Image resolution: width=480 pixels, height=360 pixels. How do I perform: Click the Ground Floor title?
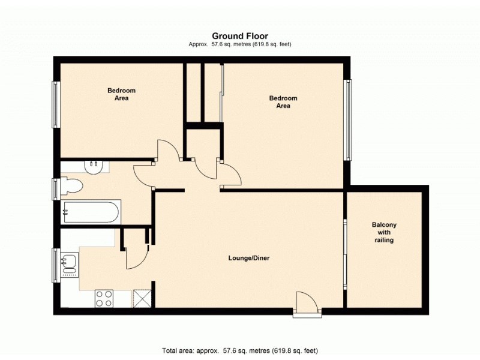pyautogui.click(x=239, y=36)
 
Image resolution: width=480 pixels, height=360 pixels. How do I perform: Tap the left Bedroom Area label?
pyautogui.click(x=118, y=94)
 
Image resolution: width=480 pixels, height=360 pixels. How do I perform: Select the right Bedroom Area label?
pyautogui.click(x=283, y=101)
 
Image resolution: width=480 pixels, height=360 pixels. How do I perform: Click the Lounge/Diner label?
pyautogui.click(x=248, y=259)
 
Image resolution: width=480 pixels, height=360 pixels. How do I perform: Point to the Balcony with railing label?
pyautogui.click(x=384, y=232)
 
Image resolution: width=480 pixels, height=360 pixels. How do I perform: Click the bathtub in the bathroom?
pyautogui.click(x=91, y=212)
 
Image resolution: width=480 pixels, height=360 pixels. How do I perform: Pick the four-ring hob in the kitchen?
pyautogui.click(x=104, y=298)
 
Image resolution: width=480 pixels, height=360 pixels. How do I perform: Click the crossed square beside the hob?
pyautogui.click(x=141, y=298)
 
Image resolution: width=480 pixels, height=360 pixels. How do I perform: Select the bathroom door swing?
pyautogui.click(x=143, y=175)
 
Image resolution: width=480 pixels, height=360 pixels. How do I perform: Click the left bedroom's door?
pyautogui.click(x=167, y=150)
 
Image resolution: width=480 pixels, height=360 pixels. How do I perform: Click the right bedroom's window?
pyautogui.click(x=347, y=120)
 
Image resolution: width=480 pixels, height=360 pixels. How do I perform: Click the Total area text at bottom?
pyautogui.click(x=239, y=350)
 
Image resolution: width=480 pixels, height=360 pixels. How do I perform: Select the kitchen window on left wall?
pyautogui.click(x=56, y=265)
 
